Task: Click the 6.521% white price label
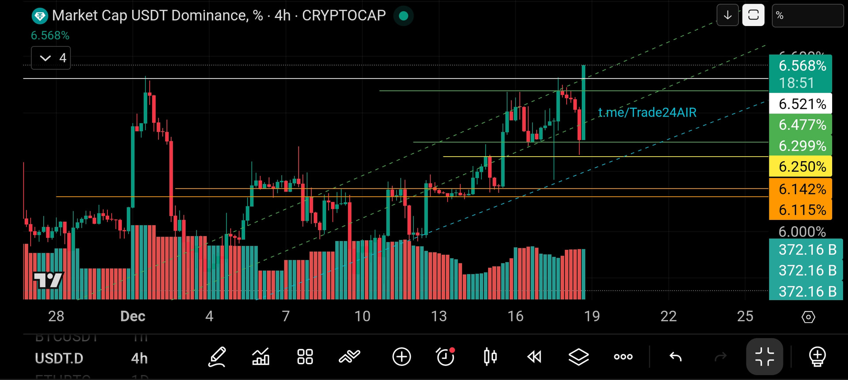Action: (x=800, y=104)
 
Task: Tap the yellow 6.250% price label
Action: (x=800, y=167)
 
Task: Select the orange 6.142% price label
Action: (x=800, y=189)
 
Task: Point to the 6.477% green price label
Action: (x=800, y=125)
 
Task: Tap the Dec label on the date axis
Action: (x=132, y=316)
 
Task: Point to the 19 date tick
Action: (x=592, y=316)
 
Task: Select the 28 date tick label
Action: (x=56, y=316)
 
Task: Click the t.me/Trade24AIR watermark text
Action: (x=647, y=113)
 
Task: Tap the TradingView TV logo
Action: (x=49, y=280)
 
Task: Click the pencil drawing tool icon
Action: (x=217, y=357)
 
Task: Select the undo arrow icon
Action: (x=675, y=357)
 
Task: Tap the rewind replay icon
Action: (x=534, y=357)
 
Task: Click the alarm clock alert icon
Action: (x=445, y=357)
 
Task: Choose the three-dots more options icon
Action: (x=623, y=357)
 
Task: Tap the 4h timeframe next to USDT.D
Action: (x=139, y=358)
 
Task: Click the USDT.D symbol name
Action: (x=59, y=358)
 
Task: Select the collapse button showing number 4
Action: (x=51, y=58)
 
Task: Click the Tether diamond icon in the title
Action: (x=40, y=16)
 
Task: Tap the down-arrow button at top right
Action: (x=727, y=15)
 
